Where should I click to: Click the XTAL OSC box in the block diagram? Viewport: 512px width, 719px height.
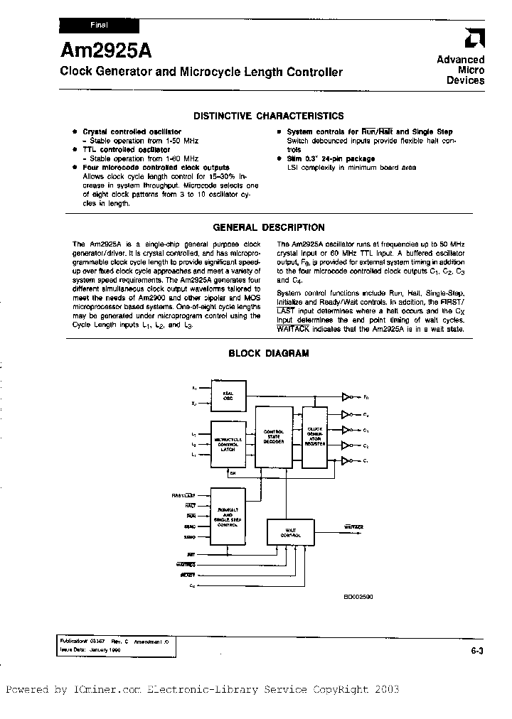(228, 396)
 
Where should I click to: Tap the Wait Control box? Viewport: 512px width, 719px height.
(289, 532)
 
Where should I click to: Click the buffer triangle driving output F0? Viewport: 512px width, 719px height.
(347, 397)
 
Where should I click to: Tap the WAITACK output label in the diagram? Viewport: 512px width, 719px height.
(354, 527)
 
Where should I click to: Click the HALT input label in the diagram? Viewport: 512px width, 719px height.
(191, 505)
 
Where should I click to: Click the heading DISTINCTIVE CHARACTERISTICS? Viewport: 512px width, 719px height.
(269, 116)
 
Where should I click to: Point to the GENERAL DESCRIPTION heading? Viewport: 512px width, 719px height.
(269, 228)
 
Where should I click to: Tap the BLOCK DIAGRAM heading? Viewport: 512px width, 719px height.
(268, 353)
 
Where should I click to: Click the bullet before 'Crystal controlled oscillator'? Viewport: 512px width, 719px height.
(75, 132)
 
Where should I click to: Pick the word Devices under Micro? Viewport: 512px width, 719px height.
(465, 81)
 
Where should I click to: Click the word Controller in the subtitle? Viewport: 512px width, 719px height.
(315, 72)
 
